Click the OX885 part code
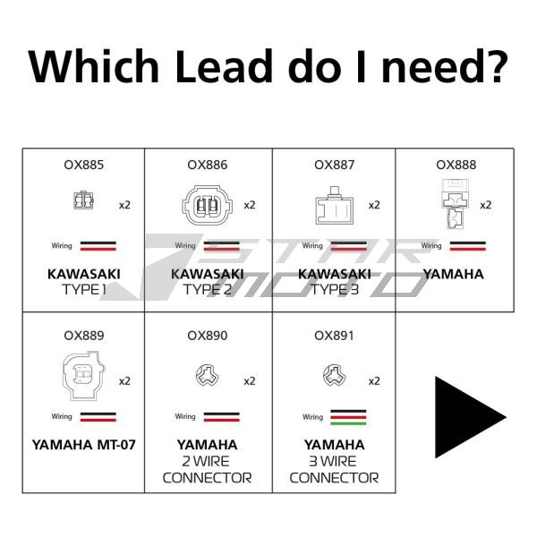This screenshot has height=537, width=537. (83, 165)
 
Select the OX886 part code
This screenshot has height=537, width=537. (208, 165)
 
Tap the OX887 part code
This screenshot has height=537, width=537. (335, 165)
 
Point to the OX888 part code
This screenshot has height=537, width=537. (456, 165)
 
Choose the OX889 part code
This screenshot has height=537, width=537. (83, 336)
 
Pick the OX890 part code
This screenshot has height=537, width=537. (208, 336)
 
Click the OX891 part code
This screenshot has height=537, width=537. (335, 336)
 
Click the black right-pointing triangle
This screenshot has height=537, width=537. (468, 416)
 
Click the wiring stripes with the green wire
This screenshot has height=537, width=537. (347, 417)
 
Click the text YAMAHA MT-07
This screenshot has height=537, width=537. (83, 444)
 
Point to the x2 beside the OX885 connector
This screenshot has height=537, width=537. (125, 205)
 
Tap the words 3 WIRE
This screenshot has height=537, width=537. (335, 461)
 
